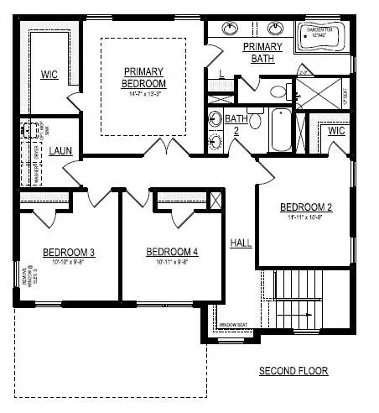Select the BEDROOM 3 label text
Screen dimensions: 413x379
click(45, 252)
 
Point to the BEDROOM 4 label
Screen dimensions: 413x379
click(172, 252)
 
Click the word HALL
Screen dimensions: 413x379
click(241, 243)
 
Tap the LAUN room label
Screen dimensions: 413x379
click(59, 151)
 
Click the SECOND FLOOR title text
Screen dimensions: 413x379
click(293, 371)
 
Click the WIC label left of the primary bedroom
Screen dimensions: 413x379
click(49, 75)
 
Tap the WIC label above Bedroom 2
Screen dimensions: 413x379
click(337, 131)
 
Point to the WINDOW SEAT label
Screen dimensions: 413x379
click(232, 325)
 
